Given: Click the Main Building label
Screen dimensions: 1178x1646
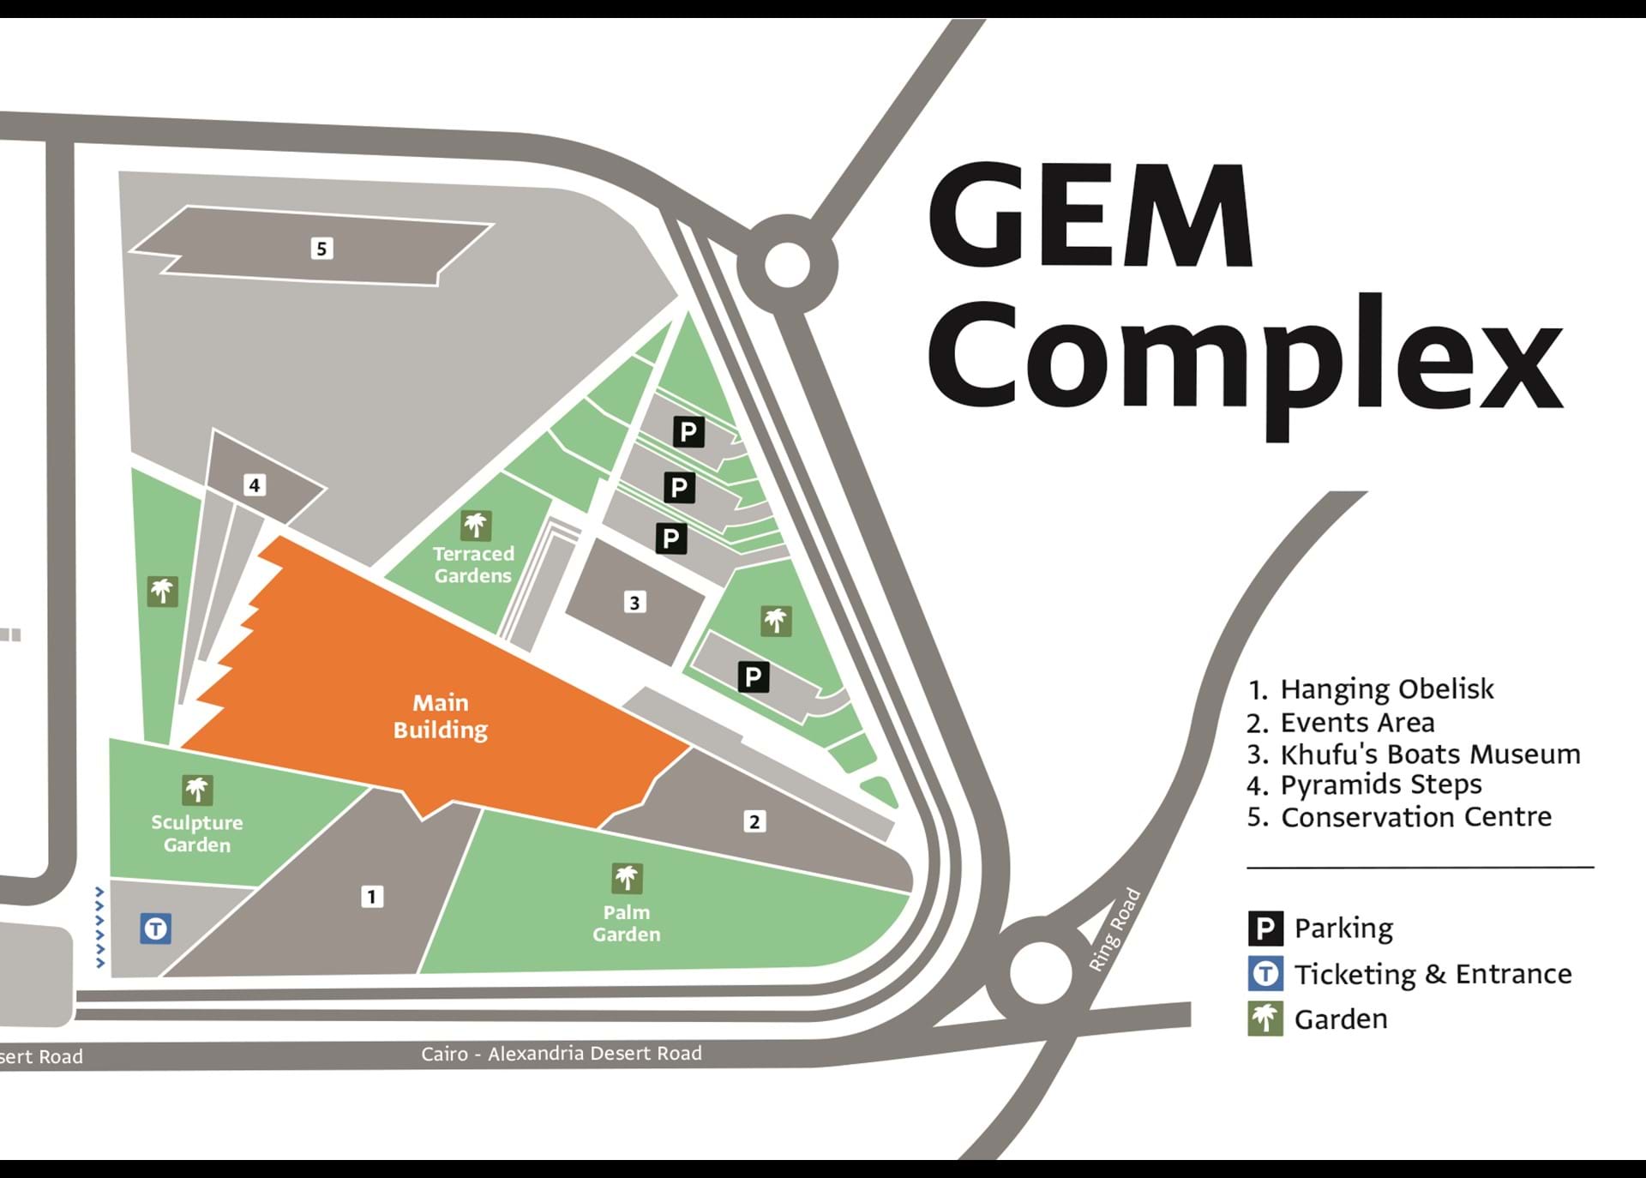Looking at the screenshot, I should click(441, 716).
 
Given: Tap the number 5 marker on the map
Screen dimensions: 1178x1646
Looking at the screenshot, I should click(321, 249).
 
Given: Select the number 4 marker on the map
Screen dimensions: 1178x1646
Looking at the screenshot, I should click(254, 485).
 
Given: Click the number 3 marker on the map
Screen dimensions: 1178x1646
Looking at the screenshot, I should click(634, 603).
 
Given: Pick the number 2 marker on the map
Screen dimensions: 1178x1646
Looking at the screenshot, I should click(754, 822).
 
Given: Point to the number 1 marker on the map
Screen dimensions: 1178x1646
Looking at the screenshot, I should click(371, 897).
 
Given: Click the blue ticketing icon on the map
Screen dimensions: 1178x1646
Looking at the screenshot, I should click(155, 929).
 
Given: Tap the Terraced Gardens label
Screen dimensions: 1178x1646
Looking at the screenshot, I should click(473, 565).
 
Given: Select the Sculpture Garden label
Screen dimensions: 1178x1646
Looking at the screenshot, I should click(197, 833).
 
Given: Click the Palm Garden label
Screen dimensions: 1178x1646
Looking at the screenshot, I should click(627, 923).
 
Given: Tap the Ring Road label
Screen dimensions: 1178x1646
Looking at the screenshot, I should click(1114, 930).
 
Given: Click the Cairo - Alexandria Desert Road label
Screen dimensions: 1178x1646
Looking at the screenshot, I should click(561, 1054).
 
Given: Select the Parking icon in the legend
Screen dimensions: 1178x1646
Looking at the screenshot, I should click(1265, 929).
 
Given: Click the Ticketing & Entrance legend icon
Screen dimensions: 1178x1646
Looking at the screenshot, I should click(1265, 974).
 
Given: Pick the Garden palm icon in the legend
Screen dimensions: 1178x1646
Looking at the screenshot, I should click(1265, 1019).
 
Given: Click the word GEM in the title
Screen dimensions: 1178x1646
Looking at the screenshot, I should click(1090, 216).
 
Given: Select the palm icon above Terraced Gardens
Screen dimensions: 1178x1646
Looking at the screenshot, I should click(476, 525).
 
